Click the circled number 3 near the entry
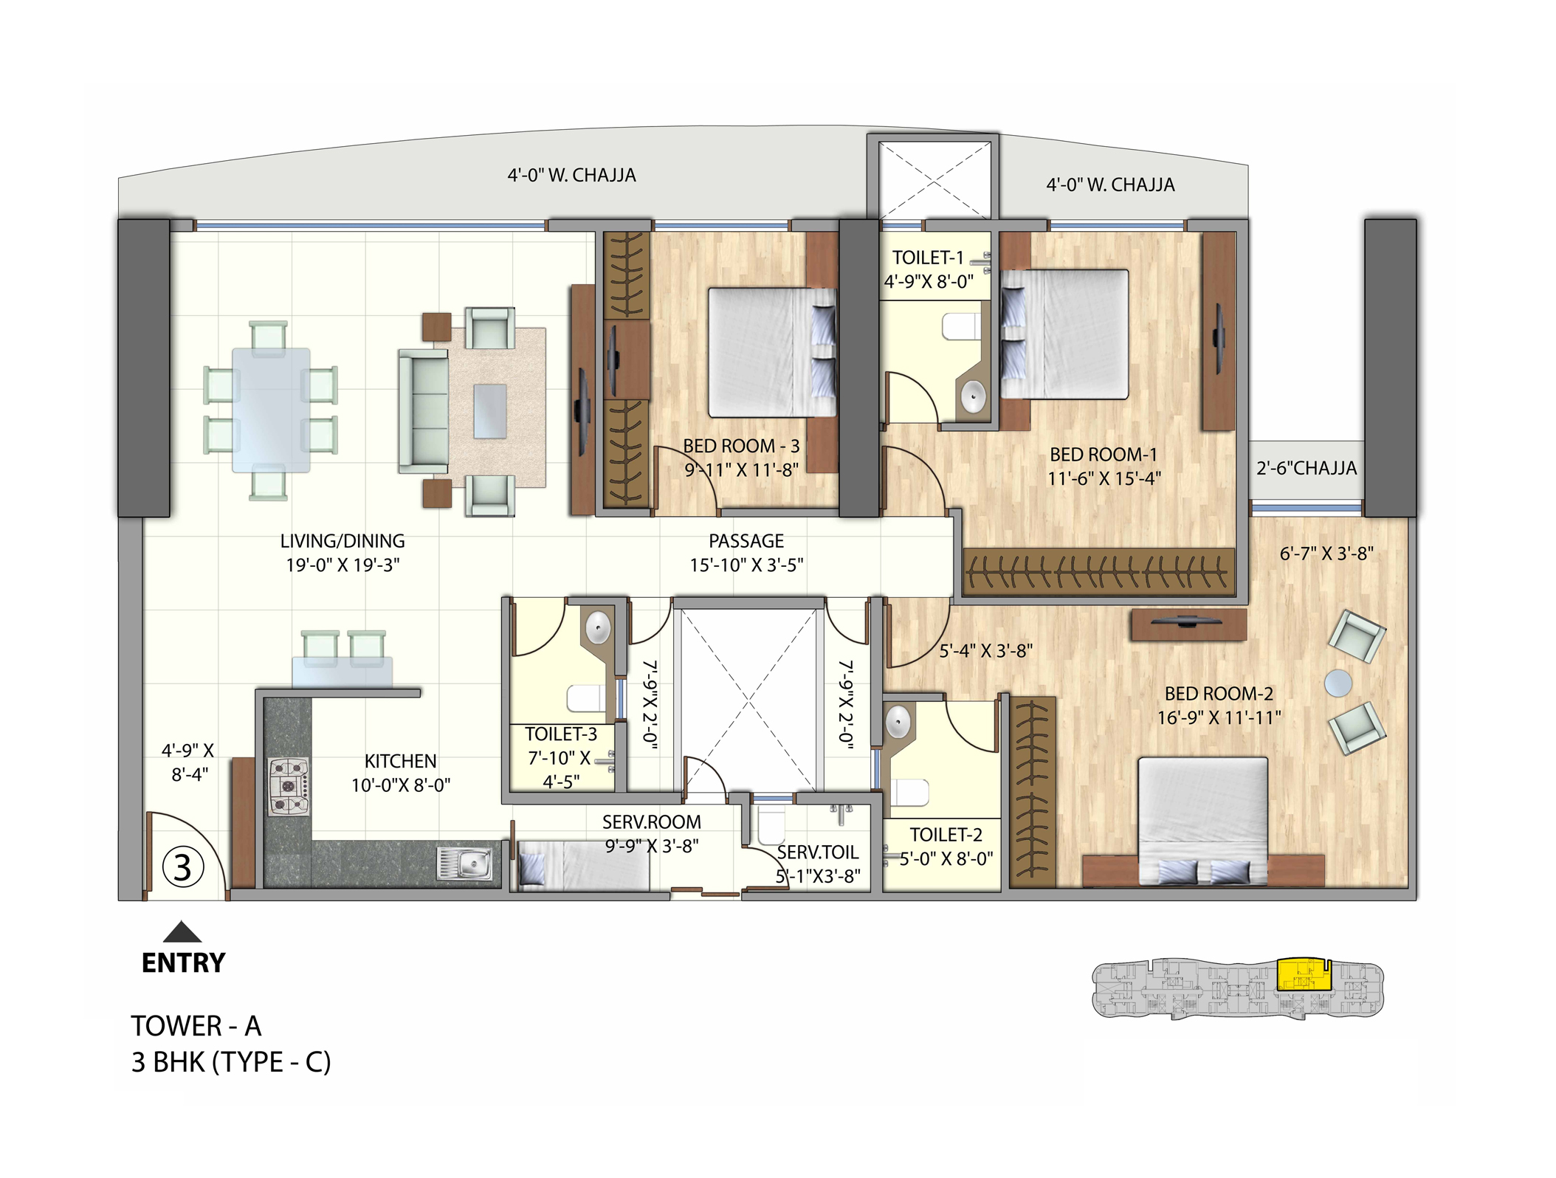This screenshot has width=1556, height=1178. coord(182,868)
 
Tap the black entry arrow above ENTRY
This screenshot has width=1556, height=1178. coord(182,932)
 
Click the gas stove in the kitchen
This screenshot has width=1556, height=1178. coord(288,787)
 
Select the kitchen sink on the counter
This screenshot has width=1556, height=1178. coord(465,864)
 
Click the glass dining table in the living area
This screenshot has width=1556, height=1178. coord(271,410)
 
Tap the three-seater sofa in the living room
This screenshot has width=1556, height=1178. coord(424,411)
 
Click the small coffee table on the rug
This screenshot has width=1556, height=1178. coord(489,411)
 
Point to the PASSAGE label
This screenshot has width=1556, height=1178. coord(746,541)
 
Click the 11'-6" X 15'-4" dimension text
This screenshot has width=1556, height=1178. coord(1104,478)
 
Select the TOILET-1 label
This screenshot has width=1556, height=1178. coord(928,258)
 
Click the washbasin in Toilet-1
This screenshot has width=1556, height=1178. coord(974,398)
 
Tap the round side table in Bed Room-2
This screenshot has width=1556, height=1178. coord(1338,683)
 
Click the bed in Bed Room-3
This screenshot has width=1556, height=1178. coord(771,353)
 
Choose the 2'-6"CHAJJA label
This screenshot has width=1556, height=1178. coord(1307,468)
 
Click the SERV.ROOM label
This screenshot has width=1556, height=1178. coord(651,821)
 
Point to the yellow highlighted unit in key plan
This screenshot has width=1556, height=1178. coord(1303,974)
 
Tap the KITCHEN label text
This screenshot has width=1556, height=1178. coord(400,761)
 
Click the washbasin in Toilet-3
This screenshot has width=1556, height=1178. coord(598,628)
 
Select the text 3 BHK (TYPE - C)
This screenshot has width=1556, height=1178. coord(231,1062)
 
